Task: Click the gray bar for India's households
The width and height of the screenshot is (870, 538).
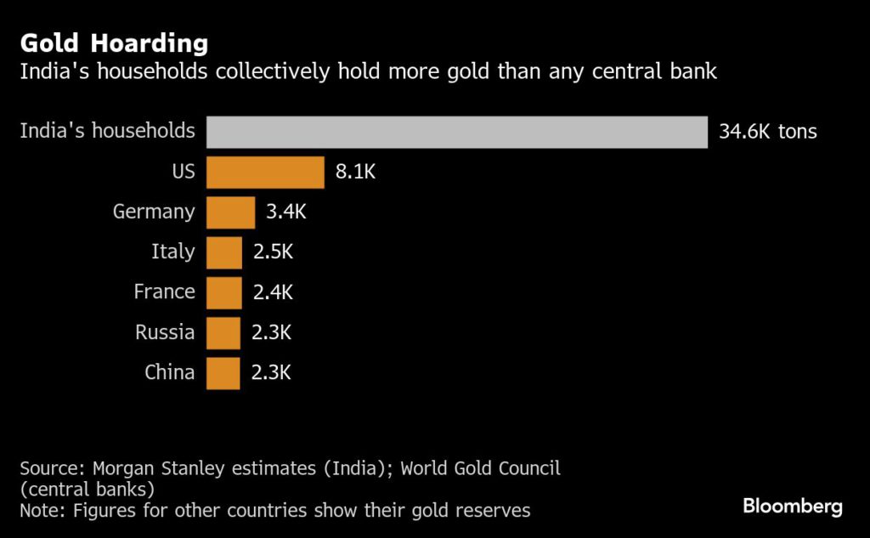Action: (457, 132)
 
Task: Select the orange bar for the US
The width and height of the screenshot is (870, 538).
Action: (265, 173)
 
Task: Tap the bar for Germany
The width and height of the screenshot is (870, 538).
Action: (230, 212)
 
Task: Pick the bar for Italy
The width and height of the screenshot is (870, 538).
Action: (224, 252)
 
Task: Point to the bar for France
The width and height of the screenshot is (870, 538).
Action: (224, 292)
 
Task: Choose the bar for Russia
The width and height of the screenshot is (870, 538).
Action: (223, 332)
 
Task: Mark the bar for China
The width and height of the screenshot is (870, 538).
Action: (223, 373)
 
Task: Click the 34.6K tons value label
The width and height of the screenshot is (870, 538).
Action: (767, 132)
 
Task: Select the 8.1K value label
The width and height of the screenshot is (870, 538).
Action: (355, 173)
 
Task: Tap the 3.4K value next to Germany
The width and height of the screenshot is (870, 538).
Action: (285, 212)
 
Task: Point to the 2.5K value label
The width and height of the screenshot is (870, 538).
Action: (274, 252)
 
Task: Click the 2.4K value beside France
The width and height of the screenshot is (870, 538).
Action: (273, 292)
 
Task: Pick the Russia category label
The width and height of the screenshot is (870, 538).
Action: (165, 332)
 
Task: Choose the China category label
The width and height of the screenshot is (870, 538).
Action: (169, 373)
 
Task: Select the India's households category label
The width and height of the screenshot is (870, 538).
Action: (107, 132)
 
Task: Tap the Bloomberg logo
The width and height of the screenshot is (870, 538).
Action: (793, 507)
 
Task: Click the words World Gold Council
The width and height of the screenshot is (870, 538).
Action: (480, 468)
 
